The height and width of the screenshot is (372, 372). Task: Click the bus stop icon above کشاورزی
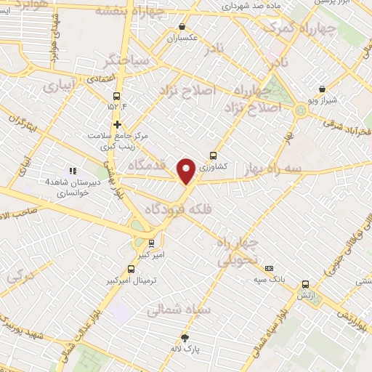click(213, 155)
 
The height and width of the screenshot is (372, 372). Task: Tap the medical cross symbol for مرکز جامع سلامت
click(117, 124)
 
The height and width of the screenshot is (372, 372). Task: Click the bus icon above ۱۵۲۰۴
click(116, 96)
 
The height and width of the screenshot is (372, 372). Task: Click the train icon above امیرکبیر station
click(151, 243)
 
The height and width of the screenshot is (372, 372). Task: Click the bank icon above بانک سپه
click(269, 267)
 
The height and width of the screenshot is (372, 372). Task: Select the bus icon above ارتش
click(305, 285)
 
